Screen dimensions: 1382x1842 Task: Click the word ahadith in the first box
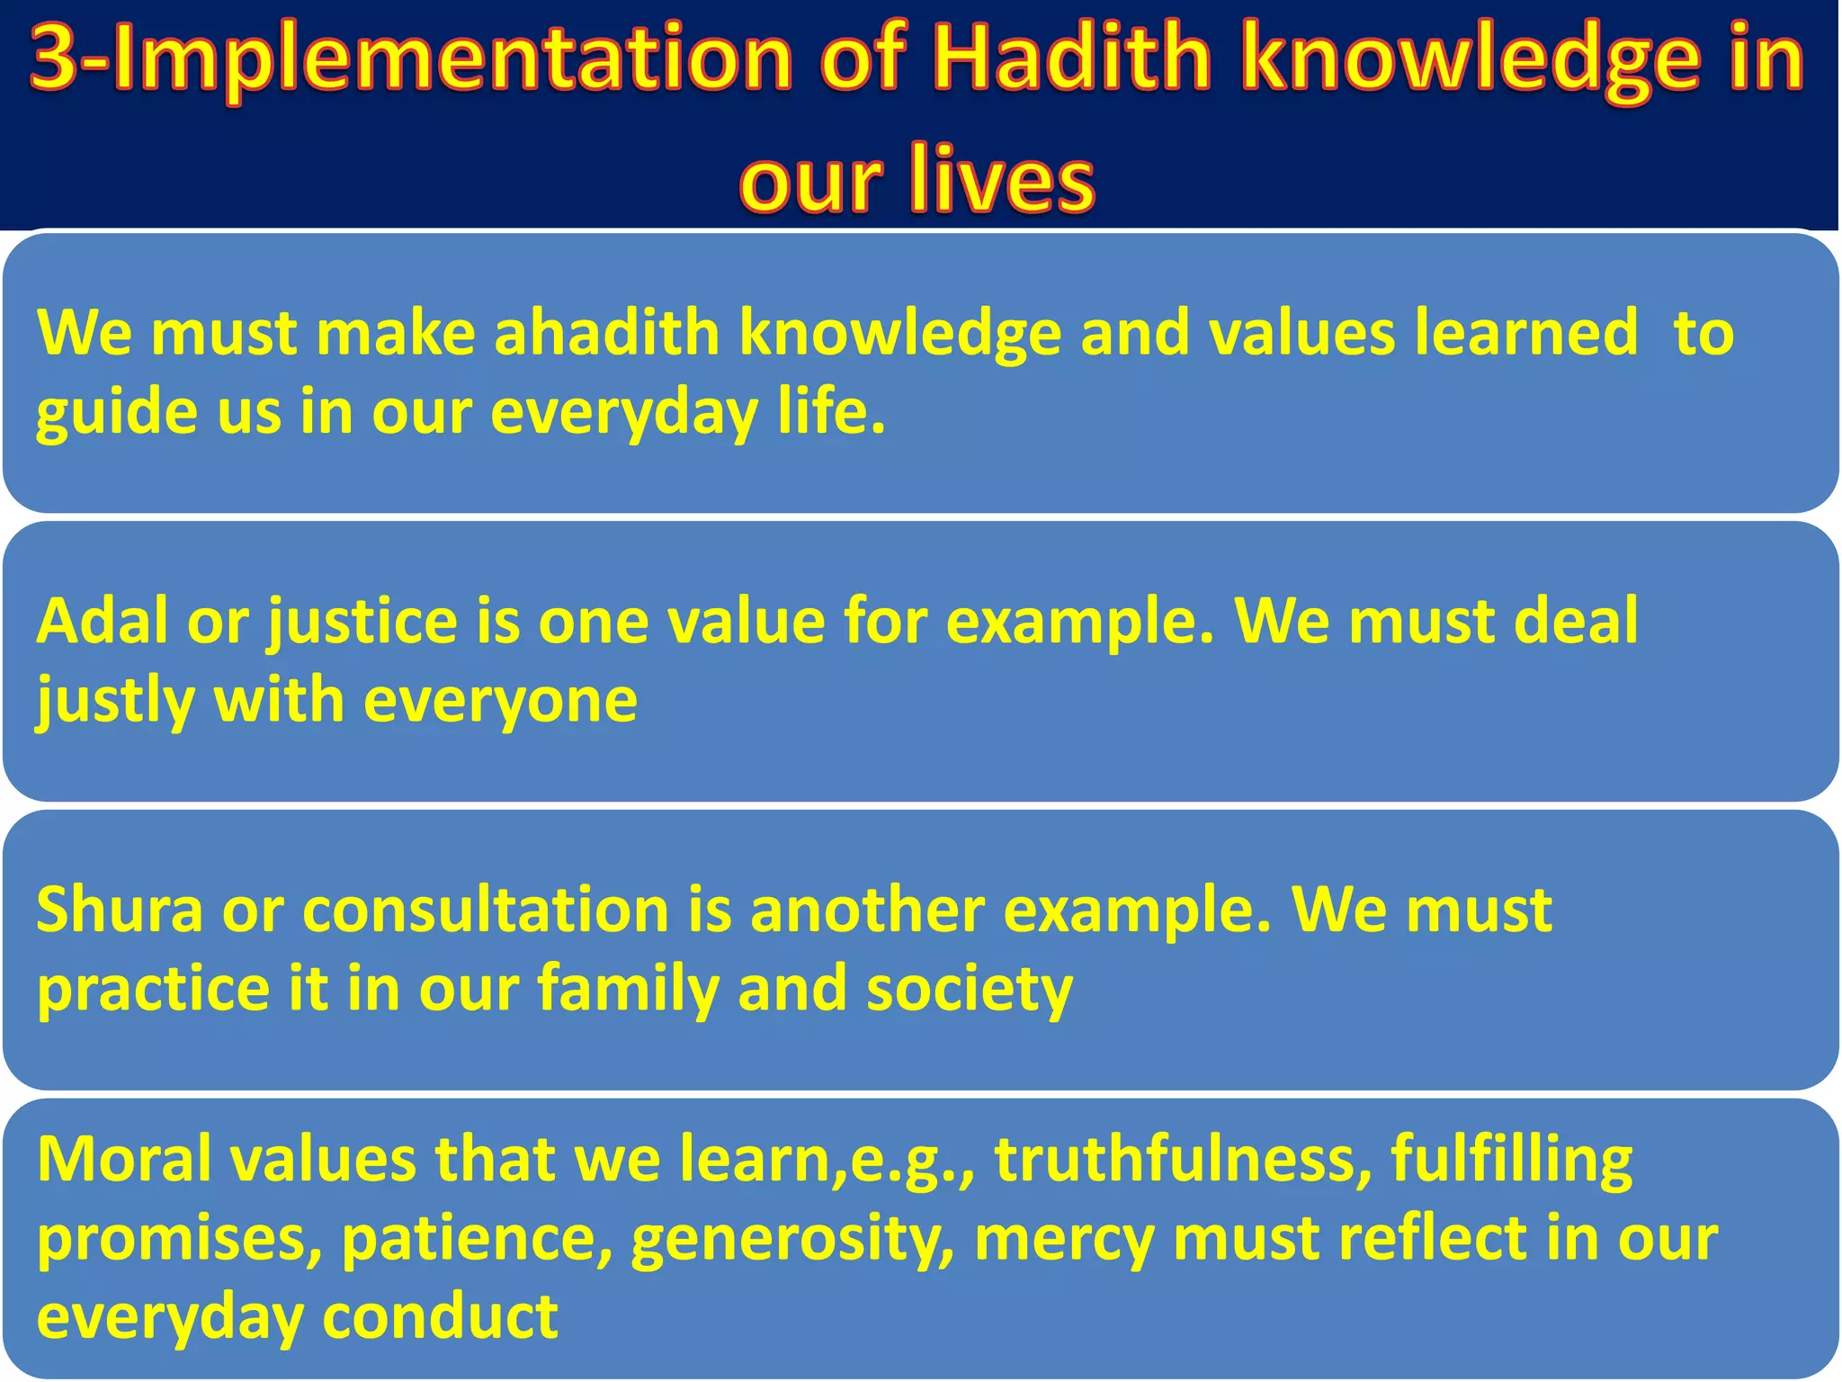click(x=607, y=333)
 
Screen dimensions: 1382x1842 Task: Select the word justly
click(x=115, y=700)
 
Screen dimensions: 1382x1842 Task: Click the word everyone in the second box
click(x=500, y=700)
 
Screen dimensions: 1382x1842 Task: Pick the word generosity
click(x=791, y=1238)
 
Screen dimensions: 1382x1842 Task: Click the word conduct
click(x=440, y=1316)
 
